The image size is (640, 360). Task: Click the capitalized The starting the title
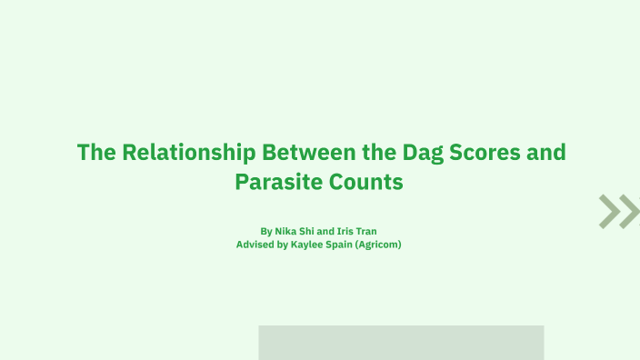[95, 152]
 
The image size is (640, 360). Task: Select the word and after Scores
[546, 152]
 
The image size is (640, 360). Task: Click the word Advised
[255, 245]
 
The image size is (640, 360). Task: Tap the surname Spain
[346, 245]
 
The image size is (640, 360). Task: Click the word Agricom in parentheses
[382, 245]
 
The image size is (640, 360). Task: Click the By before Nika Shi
[265, 231]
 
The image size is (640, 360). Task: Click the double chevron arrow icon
[619, 211]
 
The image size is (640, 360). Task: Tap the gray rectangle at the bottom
[401, 343]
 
